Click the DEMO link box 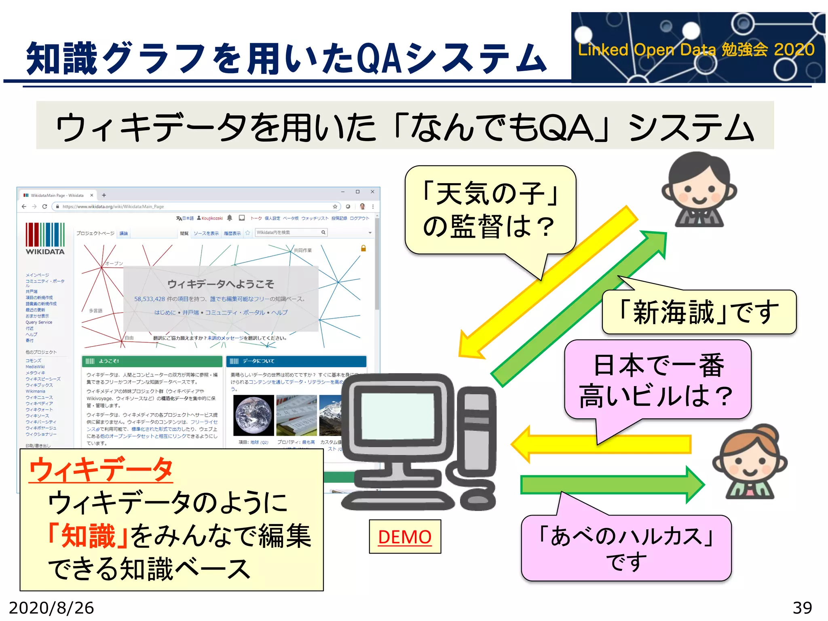pyautogui.click(x=405, y=537)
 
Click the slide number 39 pyautogui.click(x=802, y=608)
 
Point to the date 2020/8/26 pyautogui.click(x=51, y=608)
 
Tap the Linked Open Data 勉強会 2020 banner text pyautogui.click(x=696, y=50)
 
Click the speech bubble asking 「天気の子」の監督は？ pyautogui.click(x=490, y=210)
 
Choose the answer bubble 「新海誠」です pyautogui.click(x=699, y=312)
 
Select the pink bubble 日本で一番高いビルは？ pyautogui.click(x=657, y=380)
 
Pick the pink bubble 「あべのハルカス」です pyautogui.click(x=626, y=548)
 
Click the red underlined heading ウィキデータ pyautogui.click(x=101, y=469)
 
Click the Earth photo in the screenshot pyautogui.click(x=253, y=415)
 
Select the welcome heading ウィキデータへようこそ pyautogui.click(x=220, y=284)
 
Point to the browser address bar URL pyautogui.click(x=113, y=207)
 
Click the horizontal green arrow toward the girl pyautogui.click(x=610, y=484)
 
